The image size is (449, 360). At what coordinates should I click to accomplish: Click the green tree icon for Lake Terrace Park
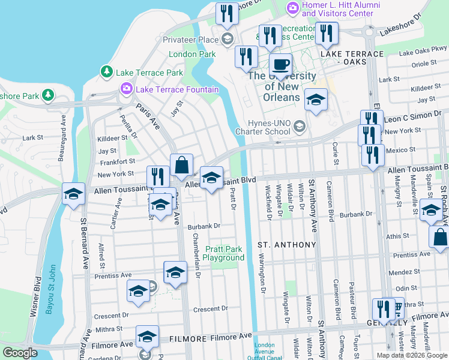[x=107, y=72]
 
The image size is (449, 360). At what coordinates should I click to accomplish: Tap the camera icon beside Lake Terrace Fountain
[x=127, y=89]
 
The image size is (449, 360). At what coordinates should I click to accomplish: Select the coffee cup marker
[x=280, y=64]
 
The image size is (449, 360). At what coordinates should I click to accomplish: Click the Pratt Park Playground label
[x=224, y=253]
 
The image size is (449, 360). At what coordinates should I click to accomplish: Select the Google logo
[x=20, y=353]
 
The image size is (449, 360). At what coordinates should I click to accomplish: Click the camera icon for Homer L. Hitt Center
[x=292, y=8]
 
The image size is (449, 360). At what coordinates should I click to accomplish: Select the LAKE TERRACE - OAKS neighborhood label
[x=352, y=58]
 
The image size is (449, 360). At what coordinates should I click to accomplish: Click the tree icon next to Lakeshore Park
[x=47, y=95]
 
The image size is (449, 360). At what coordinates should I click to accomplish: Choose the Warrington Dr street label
[x=262, y=274]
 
